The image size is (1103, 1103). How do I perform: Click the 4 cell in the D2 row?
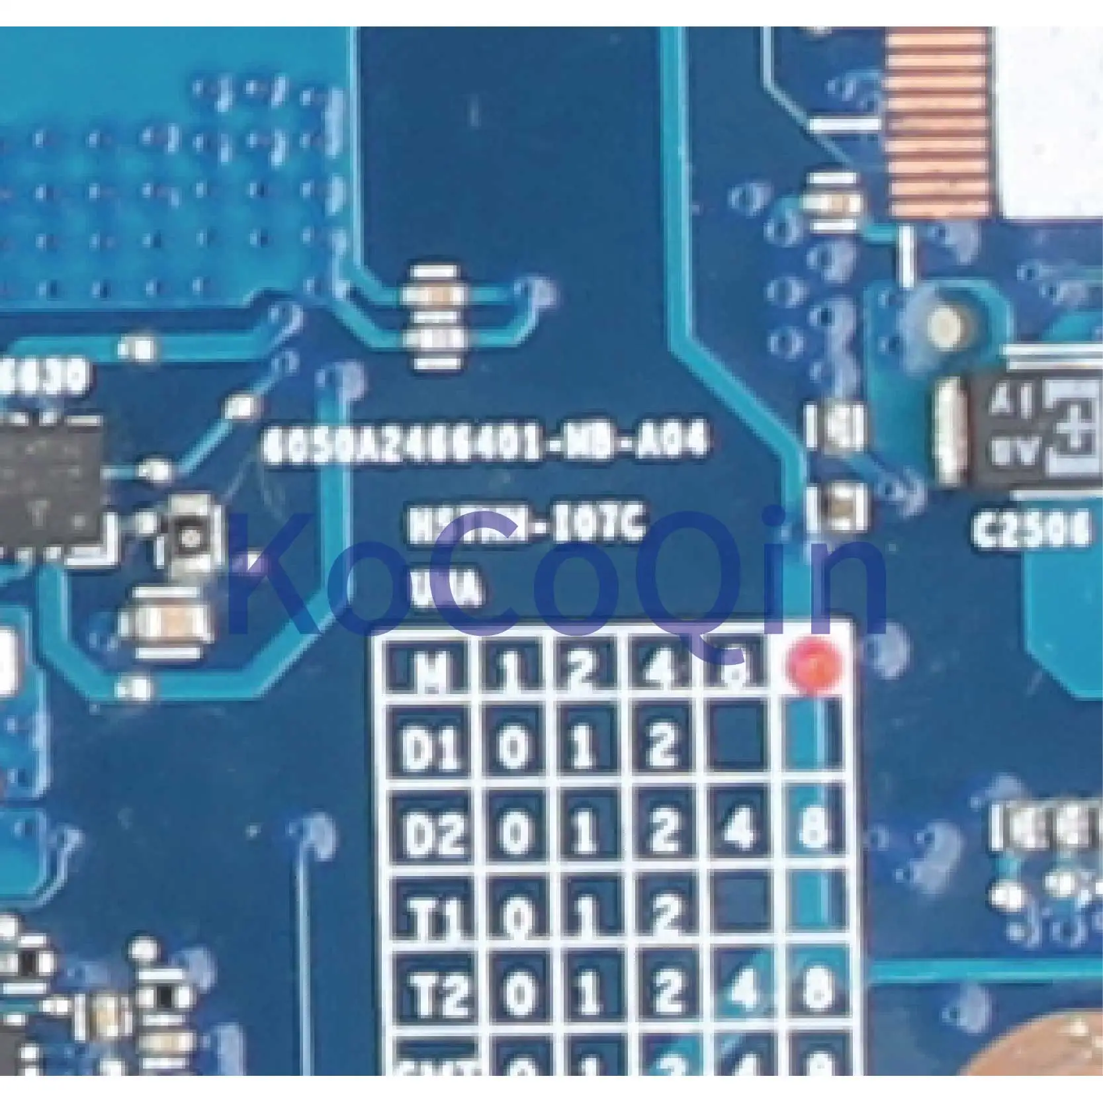click(x=740, y=829)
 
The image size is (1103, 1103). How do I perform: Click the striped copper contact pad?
click(x=939, y=119)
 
